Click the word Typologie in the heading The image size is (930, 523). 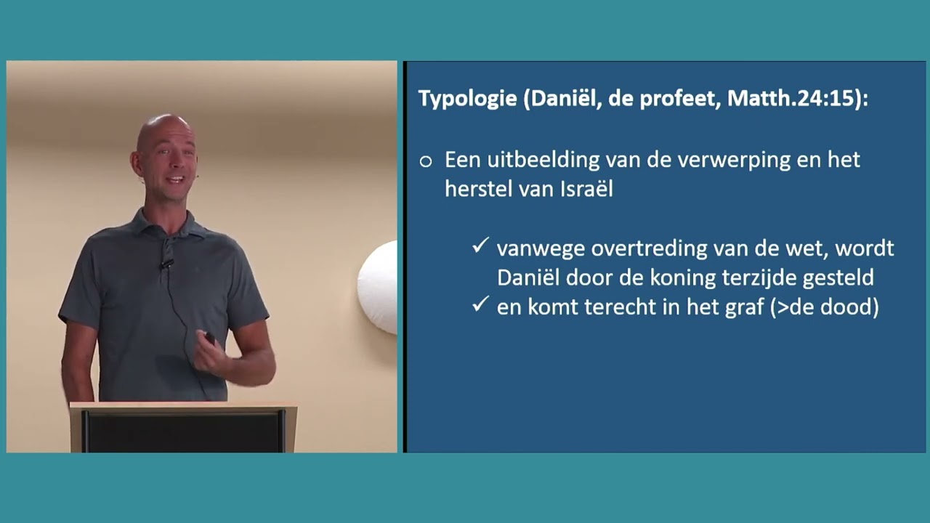coord(467,100)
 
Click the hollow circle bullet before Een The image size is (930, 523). coord(426,161)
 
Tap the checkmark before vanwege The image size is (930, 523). coord(480,247)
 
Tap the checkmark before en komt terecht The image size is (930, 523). coord(480,306)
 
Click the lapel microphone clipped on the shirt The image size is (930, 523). coord(166,263)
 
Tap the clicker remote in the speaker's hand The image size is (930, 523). coord(209,338)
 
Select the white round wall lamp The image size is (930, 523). coord(379,288)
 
